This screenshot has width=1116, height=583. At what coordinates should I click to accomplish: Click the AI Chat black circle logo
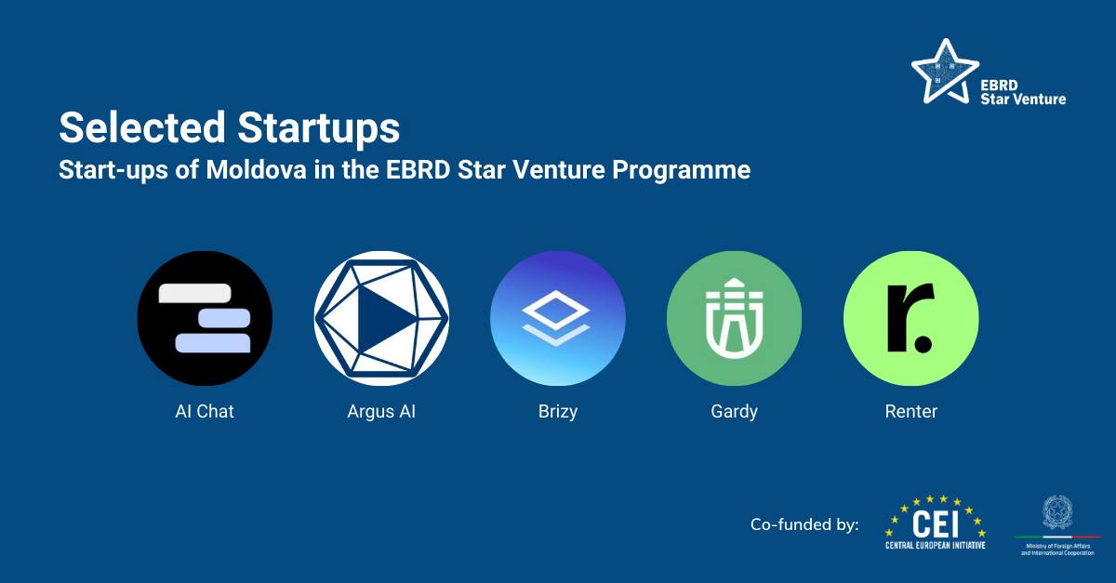(205, 318)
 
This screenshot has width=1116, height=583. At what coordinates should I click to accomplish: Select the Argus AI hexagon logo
(381, 318)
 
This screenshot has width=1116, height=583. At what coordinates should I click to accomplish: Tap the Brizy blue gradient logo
(558, 318)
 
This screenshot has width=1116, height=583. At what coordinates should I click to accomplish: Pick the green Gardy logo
(735, 318)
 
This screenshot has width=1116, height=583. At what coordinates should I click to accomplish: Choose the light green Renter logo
(911, 318)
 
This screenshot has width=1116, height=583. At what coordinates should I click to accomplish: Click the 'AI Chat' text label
(205, 411)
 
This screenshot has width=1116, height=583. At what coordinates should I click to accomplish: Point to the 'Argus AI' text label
(381, 411)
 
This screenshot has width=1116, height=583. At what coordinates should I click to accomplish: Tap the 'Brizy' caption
(558, 411)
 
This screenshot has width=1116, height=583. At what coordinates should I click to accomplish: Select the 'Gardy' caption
(735, 411)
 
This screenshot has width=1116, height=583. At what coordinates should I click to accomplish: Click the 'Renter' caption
(911, 411)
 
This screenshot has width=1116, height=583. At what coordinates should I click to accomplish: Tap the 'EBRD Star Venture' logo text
(1023, 91)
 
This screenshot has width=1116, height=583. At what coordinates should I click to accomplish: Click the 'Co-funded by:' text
(804, 525)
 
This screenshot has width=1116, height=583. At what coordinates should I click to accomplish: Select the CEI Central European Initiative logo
(936, 523)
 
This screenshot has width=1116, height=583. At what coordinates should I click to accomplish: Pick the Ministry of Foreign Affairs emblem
(1057, 513)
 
